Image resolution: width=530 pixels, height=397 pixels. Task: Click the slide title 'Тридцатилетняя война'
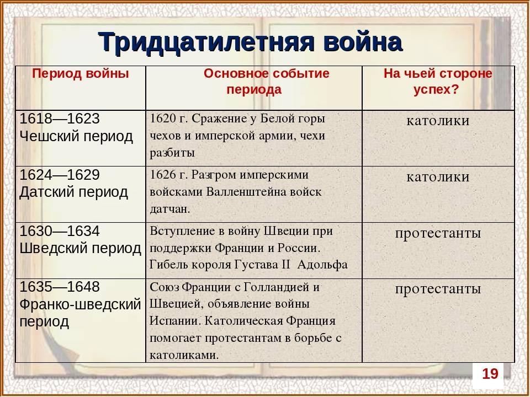[251, 41]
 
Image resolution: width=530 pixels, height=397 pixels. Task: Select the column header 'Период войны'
[81, 74]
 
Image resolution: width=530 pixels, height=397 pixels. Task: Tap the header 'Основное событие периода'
[266, 82]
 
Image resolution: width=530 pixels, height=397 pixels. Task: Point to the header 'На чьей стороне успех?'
[438, 82]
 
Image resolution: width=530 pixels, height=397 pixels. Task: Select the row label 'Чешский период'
[76, 136]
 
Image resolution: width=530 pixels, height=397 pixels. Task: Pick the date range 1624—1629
[60, 175]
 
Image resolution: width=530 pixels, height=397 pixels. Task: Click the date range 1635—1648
[60, 287]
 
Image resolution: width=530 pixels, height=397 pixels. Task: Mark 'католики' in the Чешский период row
[438, 121]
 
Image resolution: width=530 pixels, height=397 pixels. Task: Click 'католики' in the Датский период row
[438, 176]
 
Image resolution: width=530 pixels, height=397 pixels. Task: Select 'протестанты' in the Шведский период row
[438, 233]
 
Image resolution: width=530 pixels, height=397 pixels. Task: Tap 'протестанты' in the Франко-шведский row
[438, 288]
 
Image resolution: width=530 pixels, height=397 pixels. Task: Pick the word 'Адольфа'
[322, 265]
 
